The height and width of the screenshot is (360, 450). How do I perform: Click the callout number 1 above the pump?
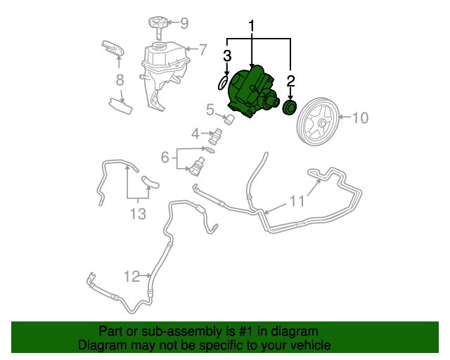(x=251, y=27)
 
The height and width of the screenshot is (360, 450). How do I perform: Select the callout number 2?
(x=290, y=81)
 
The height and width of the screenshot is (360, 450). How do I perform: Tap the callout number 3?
(x=227, y=56)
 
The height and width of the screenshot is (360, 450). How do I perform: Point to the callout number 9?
(x=184, y=23)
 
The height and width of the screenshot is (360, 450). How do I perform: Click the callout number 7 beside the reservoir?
(x=202, y=50)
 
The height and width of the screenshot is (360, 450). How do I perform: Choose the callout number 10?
(x=359, y=117)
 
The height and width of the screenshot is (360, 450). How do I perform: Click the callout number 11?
(x=297, y=201)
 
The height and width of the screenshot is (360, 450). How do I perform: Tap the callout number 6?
(x=165, y=157)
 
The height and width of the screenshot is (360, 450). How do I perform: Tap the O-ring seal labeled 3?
(x=221, y=84)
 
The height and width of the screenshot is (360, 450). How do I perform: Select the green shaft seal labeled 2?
(x=289, y=108)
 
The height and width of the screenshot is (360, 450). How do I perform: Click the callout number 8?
(x=120, y=79)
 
